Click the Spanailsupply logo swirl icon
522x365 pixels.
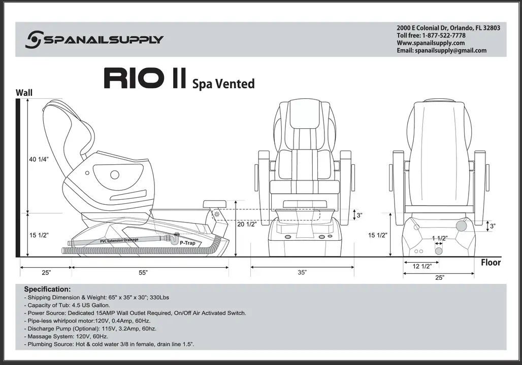[34, 39]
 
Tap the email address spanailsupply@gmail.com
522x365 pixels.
[450, 51]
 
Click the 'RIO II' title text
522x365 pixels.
[144, 79]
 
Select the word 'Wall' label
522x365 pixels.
[24, 93]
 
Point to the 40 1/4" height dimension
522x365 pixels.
[39, 159]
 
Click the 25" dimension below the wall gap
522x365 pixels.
[46, 273]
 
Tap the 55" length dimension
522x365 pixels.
[143, 273]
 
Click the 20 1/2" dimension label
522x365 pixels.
[247, 224]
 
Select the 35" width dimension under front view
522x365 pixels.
[302, 273]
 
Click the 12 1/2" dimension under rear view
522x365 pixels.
[422, 266]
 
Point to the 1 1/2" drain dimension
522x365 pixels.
[440, 238]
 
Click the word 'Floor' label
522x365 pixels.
[491, 263]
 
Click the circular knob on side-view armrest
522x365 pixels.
[115, 175]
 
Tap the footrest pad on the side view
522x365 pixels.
[214, 204]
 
